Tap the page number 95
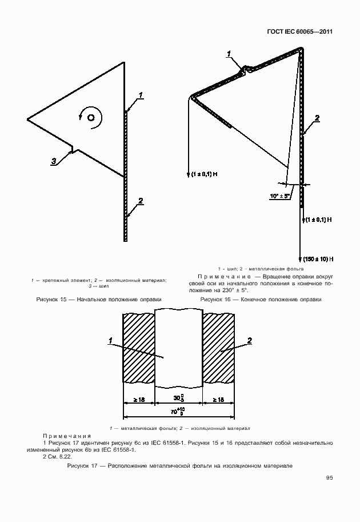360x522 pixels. tap(330, 478)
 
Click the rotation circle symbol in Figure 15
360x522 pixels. tap(90, 117)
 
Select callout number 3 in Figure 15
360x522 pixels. tap(54, 162)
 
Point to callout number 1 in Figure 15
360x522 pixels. tap(141, 94)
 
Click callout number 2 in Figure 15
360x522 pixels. tap(140, 201)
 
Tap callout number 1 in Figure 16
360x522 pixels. tap(229, 54)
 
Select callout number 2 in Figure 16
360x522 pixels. tap(317, 118)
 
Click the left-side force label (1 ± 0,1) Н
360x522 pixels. tap(204, 174)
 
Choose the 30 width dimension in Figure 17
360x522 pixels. tap(179, 397)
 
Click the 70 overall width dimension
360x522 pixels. tap(179, 411)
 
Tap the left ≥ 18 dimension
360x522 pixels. tap(139, 398)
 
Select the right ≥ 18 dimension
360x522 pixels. tap(219, 398)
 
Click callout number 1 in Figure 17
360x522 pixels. tap(109, 341)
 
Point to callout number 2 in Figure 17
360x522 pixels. tap(250, 341)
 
